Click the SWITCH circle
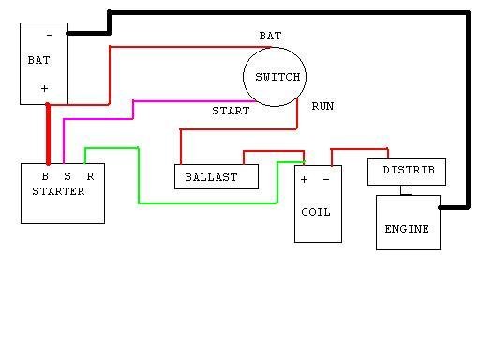point(244,77)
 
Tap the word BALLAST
point(211,177)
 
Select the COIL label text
point(316,212)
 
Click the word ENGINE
point(407,229)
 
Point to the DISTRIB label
point(409,170)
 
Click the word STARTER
point(58,191)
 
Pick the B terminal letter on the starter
point(45,176)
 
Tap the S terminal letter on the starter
point(67,176)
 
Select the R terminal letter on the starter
point(90,176)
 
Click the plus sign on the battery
point(44,89)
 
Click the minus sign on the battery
point(50,36)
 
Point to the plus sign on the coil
point(304,180)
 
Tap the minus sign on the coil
point(326,180)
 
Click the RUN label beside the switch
point(322,106)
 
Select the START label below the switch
point(231,111)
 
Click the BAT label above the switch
point(270,36)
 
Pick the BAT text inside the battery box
point(38,60)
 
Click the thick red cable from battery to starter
point(48,134)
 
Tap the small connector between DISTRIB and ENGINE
point(406,190)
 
